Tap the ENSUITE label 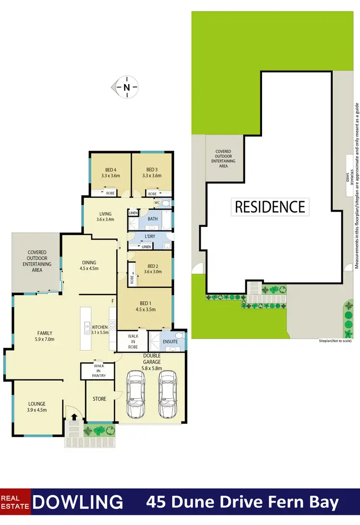(x=170, y=342)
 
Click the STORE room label (x=100, y=399)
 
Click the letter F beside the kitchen (x=113, y=301)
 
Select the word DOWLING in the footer (x=79, y=502)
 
